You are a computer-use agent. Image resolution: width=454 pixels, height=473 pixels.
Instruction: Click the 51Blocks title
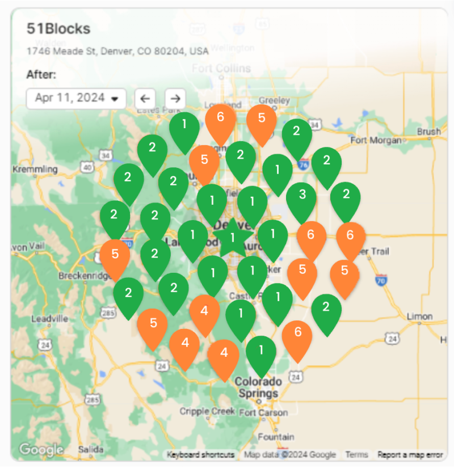pyautogui.click(x=58, y=29)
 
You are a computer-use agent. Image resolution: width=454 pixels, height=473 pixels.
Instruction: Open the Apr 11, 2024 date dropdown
pyautogui.click(x=76, y=98)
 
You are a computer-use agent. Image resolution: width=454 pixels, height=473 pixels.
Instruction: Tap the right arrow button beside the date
pyautogui.click(x=175, y=98)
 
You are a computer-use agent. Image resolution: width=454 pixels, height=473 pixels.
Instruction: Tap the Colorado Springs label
pyautogui.click(x=258, y=387)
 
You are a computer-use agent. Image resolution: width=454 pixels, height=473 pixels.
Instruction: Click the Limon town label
pyautogui.click(x=421, y=316)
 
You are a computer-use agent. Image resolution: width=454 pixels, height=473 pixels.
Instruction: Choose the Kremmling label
pyautogui.click(x=35, y=169)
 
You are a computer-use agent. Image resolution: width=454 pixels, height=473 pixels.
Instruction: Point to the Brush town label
pyautogui.click(x=428, y=131)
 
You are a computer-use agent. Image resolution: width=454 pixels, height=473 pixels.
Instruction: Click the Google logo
pyautogui.click(x=41, y=450)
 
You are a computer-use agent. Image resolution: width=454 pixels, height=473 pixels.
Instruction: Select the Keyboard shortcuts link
pyautogui.click(x=201, y=455)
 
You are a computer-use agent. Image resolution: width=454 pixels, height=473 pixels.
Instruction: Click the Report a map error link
pyautogui.click(x=410, y=455)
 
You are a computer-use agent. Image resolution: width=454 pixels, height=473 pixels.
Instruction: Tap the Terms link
pyautogui.click(x=356, y=455)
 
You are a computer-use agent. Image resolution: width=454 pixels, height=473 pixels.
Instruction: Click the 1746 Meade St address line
pyautogui.click(x=117, y=51)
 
